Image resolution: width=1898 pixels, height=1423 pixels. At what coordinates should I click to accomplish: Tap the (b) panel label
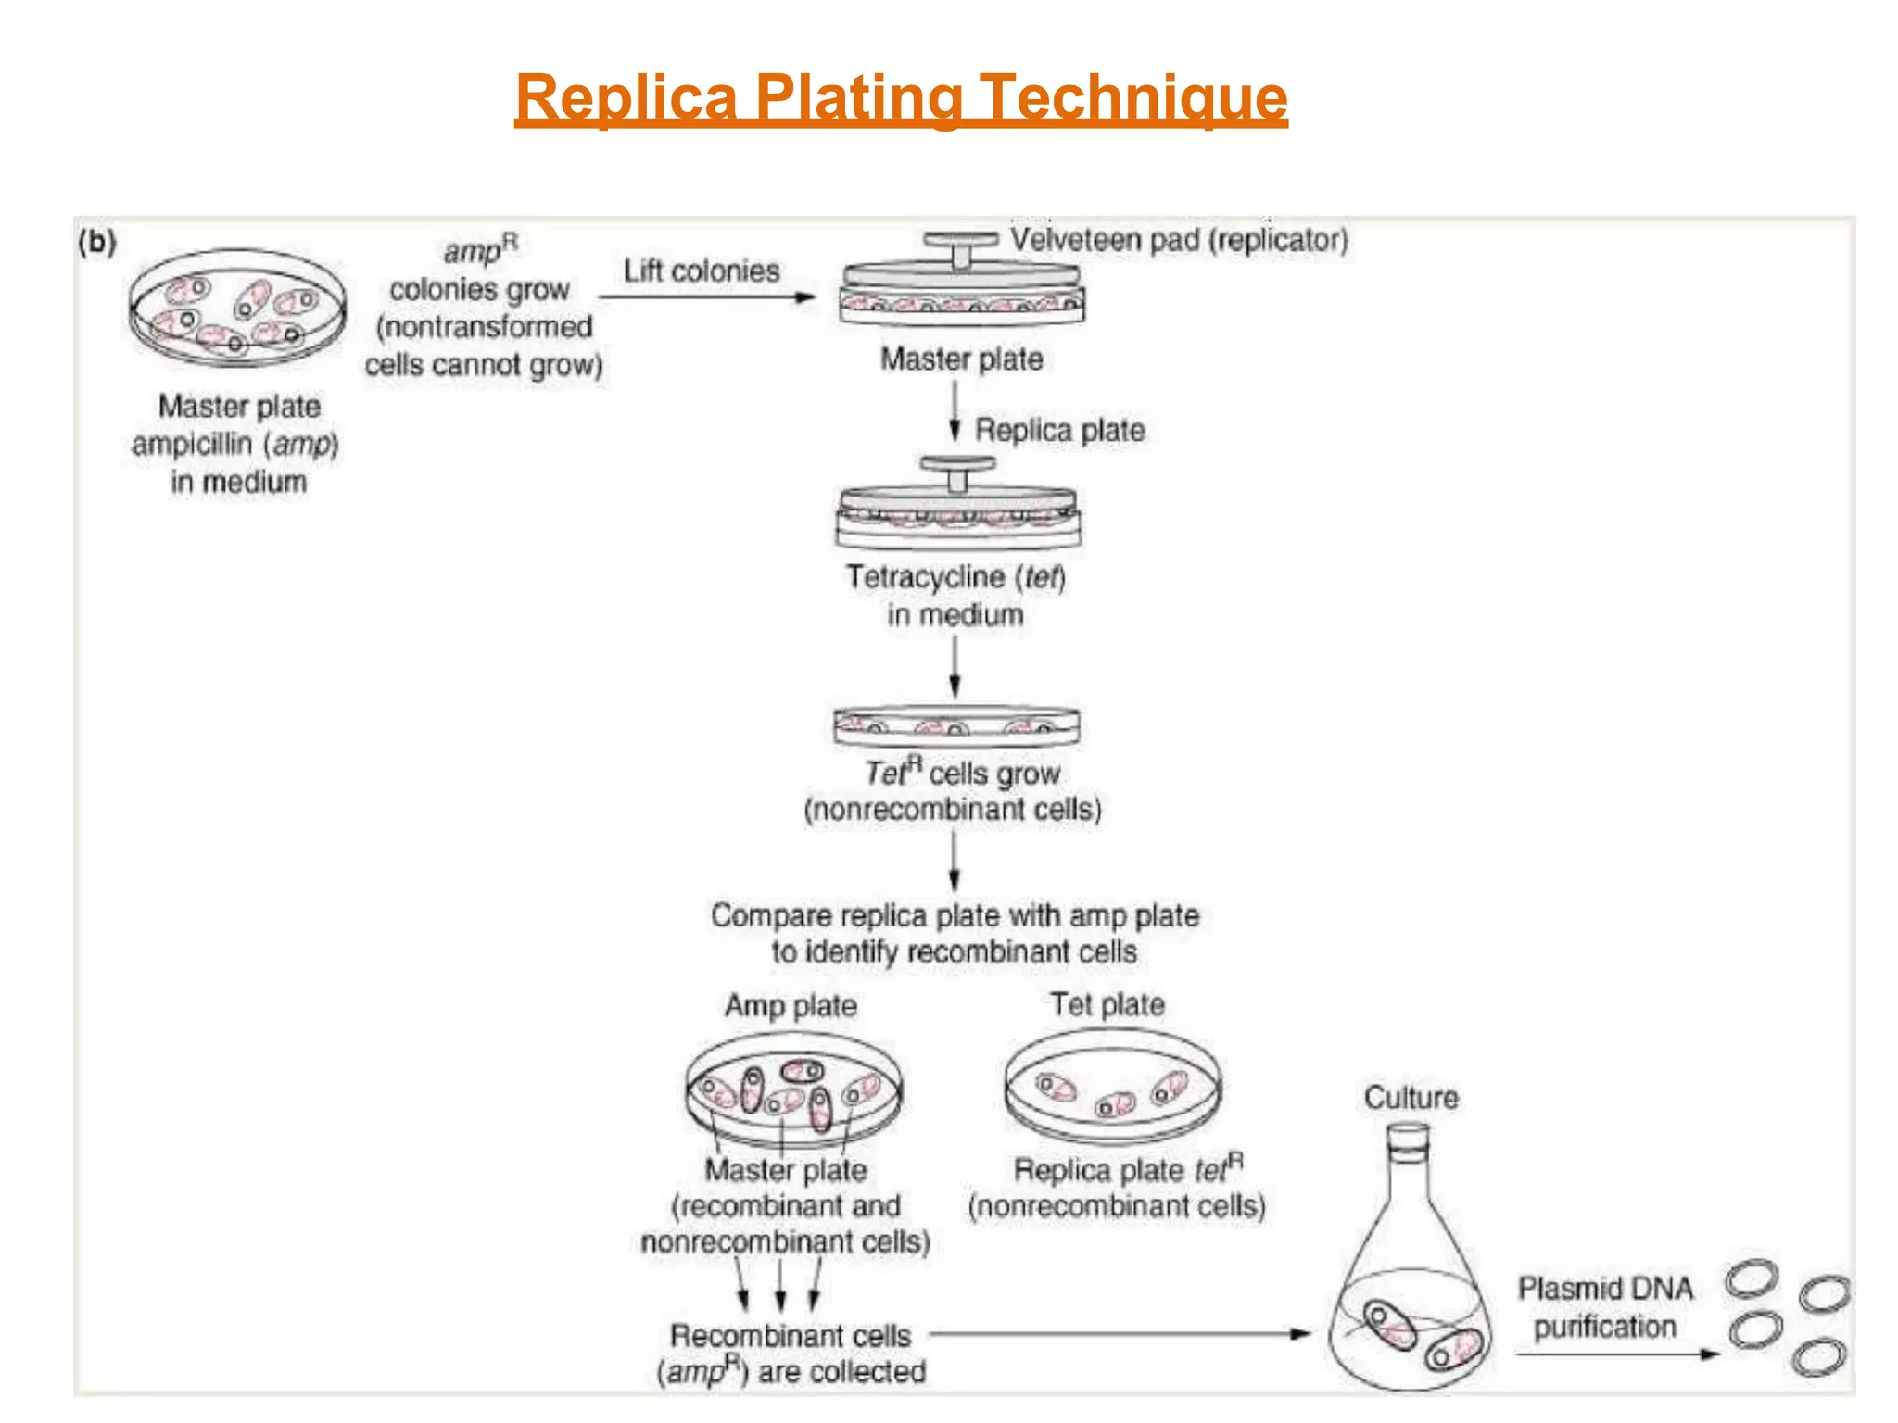97,243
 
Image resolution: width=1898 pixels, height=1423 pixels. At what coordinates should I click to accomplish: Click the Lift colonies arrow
706,296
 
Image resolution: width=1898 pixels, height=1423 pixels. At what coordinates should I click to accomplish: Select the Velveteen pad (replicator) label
1178,240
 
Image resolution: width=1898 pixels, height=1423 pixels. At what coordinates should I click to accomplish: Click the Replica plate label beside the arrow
1059,430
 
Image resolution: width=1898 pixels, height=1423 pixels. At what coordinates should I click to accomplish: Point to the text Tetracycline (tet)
955,577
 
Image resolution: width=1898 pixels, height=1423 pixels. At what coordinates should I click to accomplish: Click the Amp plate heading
791,1005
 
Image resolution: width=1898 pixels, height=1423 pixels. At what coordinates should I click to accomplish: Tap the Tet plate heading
1107,1004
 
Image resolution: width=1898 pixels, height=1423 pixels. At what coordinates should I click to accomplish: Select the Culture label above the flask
1411,1098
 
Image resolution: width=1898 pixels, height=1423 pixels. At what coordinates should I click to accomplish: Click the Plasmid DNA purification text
1604,1307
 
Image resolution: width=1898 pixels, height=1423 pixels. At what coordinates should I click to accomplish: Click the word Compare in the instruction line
771,915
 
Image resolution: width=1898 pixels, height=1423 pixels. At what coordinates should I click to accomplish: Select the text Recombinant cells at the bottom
791,1335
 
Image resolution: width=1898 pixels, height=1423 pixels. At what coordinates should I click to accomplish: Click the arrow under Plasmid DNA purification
1616,1354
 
